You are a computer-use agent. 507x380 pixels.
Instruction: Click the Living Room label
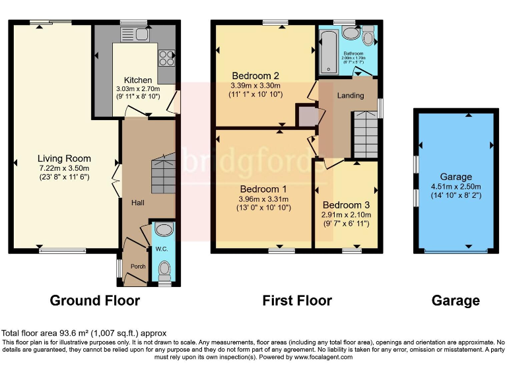pos(64,158)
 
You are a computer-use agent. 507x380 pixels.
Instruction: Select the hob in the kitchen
pos(166,59)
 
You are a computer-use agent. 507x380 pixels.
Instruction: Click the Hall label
pos(137,203)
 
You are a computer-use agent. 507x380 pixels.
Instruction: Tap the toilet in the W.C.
pos(164,270)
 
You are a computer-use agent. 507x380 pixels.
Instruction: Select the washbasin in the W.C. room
pos(164,230)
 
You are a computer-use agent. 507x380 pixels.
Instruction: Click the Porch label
pos(137,267)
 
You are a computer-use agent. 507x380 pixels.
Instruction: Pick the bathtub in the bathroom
pos(327,51)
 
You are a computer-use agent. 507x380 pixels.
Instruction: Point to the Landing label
pos(351,96)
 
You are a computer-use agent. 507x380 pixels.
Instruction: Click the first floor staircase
pos(364,133)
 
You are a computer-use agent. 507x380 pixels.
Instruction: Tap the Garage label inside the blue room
pos(456,177)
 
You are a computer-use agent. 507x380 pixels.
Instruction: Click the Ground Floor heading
pos(95,301)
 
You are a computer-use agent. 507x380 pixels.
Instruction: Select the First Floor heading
pos(297,301)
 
